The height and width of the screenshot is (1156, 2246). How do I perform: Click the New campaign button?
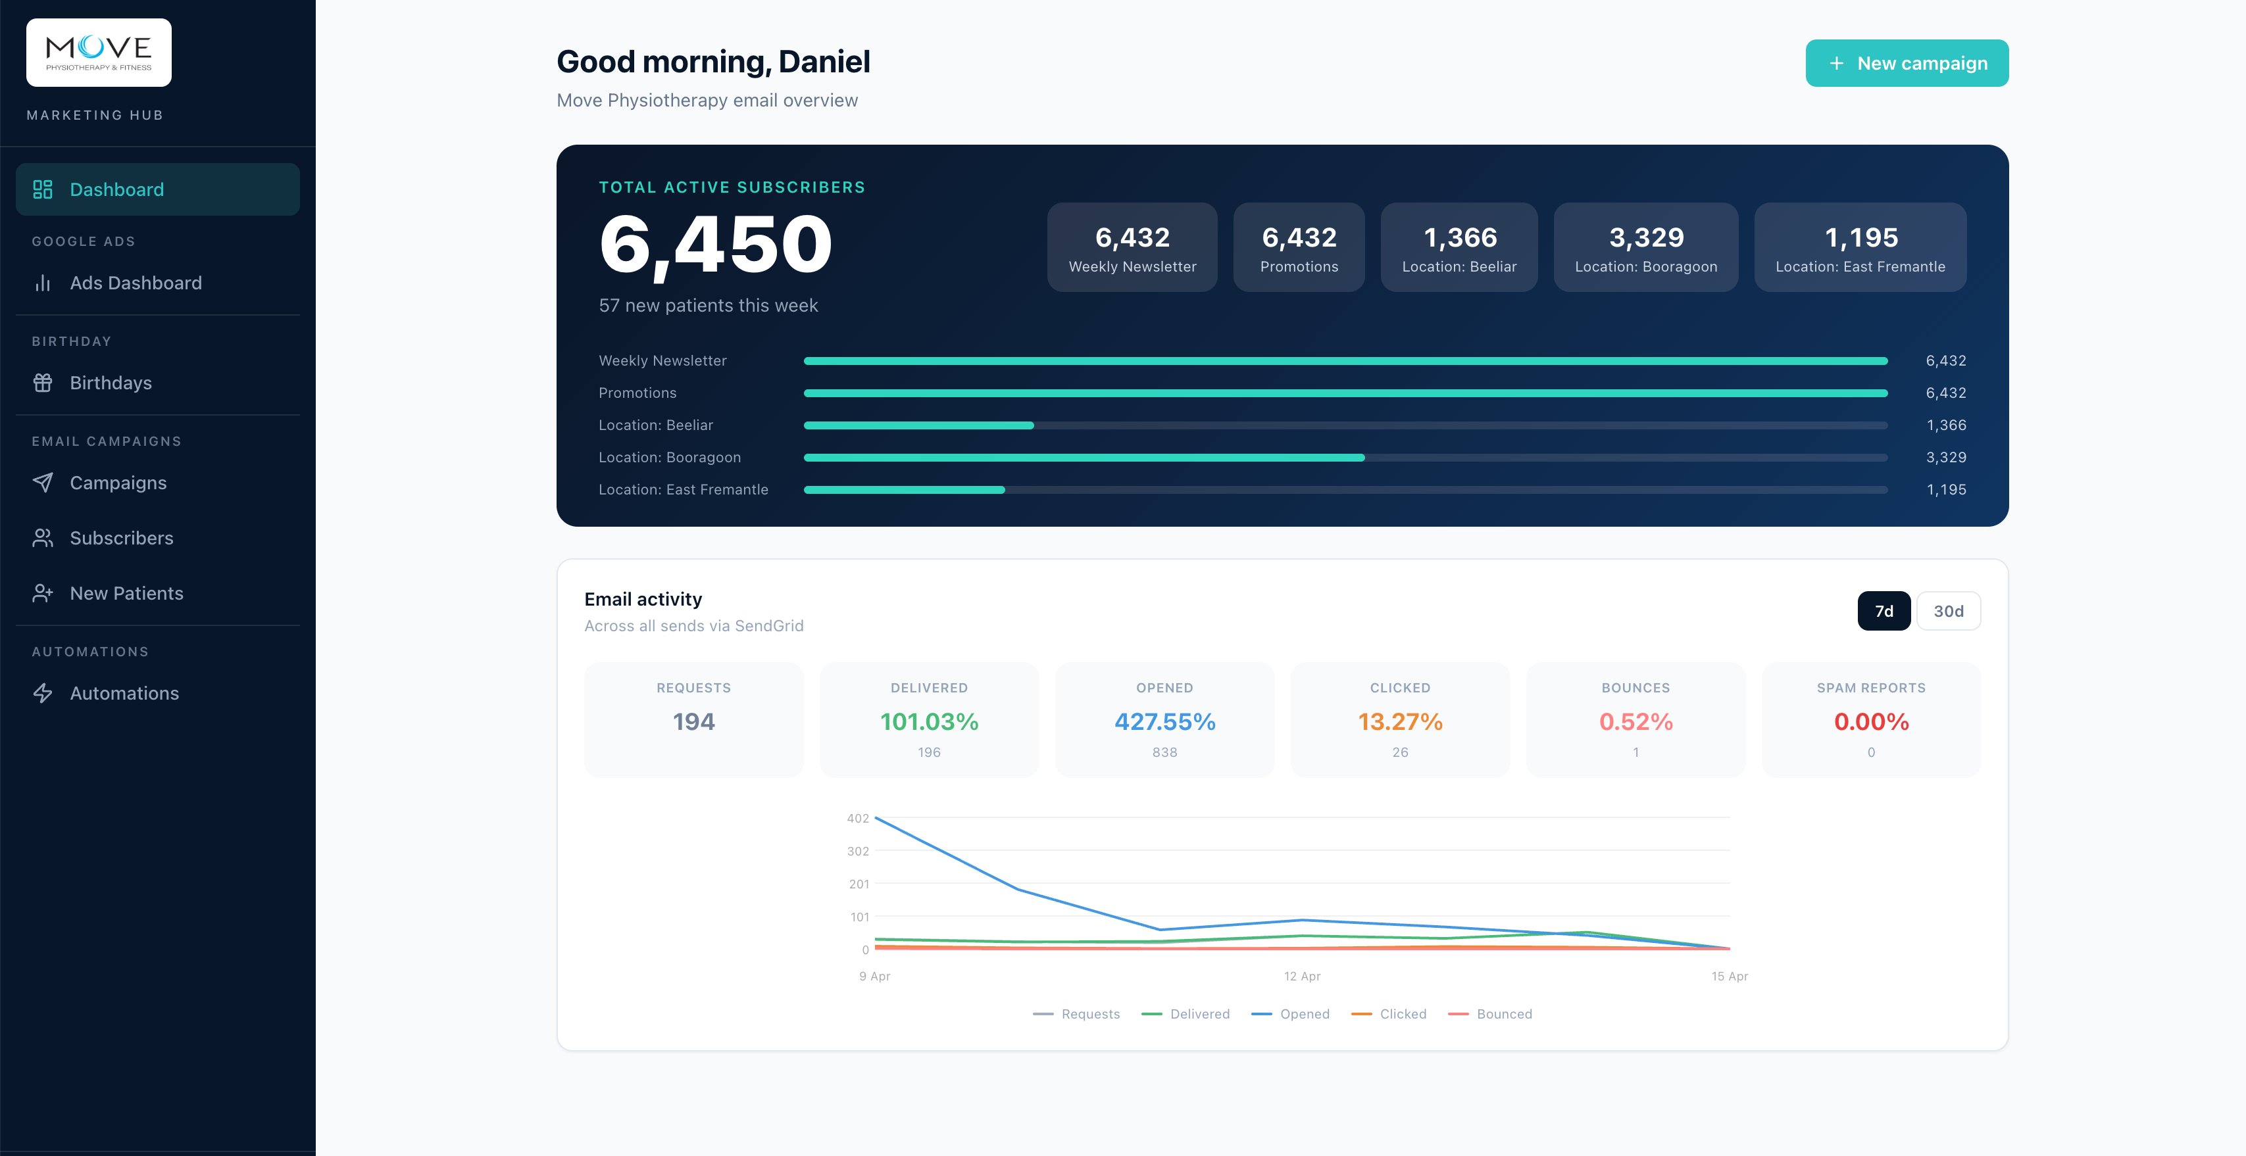pos(1906,62)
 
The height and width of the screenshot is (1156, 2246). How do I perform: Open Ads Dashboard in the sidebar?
pos(135,283)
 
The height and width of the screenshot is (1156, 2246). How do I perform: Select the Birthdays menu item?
pos(110,383)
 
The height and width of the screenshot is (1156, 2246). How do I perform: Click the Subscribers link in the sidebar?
pos(121,538)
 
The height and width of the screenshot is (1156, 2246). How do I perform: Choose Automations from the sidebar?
pos(124,693)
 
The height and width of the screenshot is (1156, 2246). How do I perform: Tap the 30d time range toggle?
pos(1948,611)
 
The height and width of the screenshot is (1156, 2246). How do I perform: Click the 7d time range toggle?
pos(1884,611)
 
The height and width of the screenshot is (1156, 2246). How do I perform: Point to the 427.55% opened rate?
pos(1164,722)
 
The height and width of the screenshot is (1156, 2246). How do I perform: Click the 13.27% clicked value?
pos(1399,722)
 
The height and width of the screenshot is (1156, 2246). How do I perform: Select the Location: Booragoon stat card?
pos(1645,248)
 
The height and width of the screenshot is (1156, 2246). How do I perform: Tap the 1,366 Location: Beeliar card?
pos(1459,248)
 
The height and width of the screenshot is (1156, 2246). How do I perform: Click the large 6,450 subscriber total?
pos(715,246)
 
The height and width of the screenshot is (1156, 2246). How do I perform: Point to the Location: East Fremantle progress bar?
pos(1345,490)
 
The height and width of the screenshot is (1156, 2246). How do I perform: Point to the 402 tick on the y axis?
pos(857,819)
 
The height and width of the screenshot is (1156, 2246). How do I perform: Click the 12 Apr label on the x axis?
pos(1302,976)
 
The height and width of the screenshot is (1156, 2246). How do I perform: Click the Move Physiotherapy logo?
pos(99,53)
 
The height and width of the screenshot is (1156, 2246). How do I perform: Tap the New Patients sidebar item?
pos(126,594)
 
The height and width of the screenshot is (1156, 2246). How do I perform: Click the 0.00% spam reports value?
pos(1871,722)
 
